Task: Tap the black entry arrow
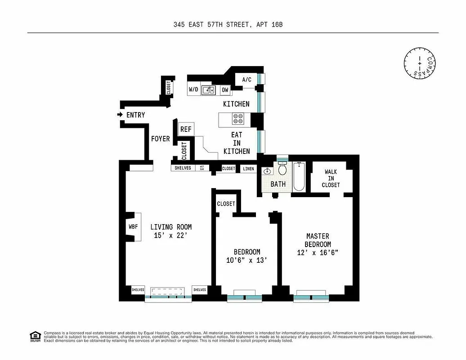coord(120,115)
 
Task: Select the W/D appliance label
coord(193,90)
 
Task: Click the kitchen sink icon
coord(208,90)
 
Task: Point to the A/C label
coord(247,80)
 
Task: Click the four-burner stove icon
coord(237,119)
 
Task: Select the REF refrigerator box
coord(186,129)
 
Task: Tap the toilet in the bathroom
coord(282,170)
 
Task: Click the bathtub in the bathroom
coord(299,177)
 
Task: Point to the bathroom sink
coord(267,171)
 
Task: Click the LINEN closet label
coord(248,169)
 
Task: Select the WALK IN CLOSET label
coord(331,178)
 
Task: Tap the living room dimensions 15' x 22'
coord(171,235)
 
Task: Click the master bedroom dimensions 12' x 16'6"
coord(318,252)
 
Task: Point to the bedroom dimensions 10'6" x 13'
coord(246,260)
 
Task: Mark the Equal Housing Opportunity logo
coord(35,336)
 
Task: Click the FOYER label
coord(161,139)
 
